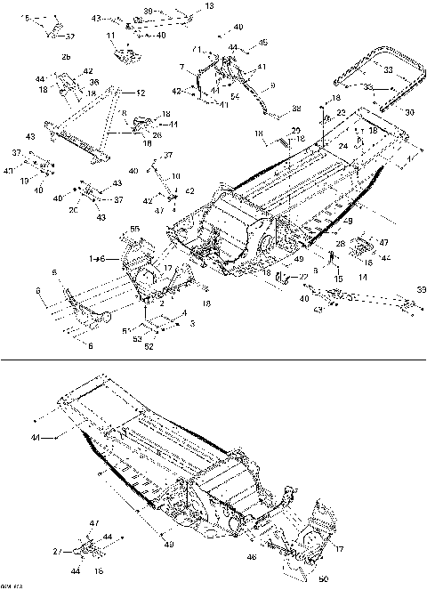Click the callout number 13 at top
point(209,6)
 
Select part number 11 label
point(112,36)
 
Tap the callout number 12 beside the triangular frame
point(141,92)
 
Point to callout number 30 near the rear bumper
point(409,112)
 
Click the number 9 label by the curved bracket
point(272,85)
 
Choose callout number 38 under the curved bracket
point(296,109)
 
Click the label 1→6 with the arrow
point(98,257)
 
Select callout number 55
point(134,230)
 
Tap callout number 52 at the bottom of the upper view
point(149,347)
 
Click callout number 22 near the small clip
point(302,278)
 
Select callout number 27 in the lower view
point(55,551)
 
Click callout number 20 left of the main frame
point(74,212)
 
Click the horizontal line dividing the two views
point(213,360)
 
